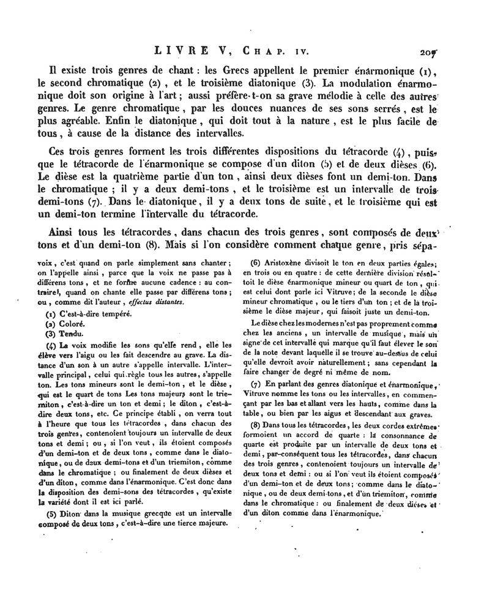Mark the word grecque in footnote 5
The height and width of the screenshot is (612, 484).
[x=144, y=512]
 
